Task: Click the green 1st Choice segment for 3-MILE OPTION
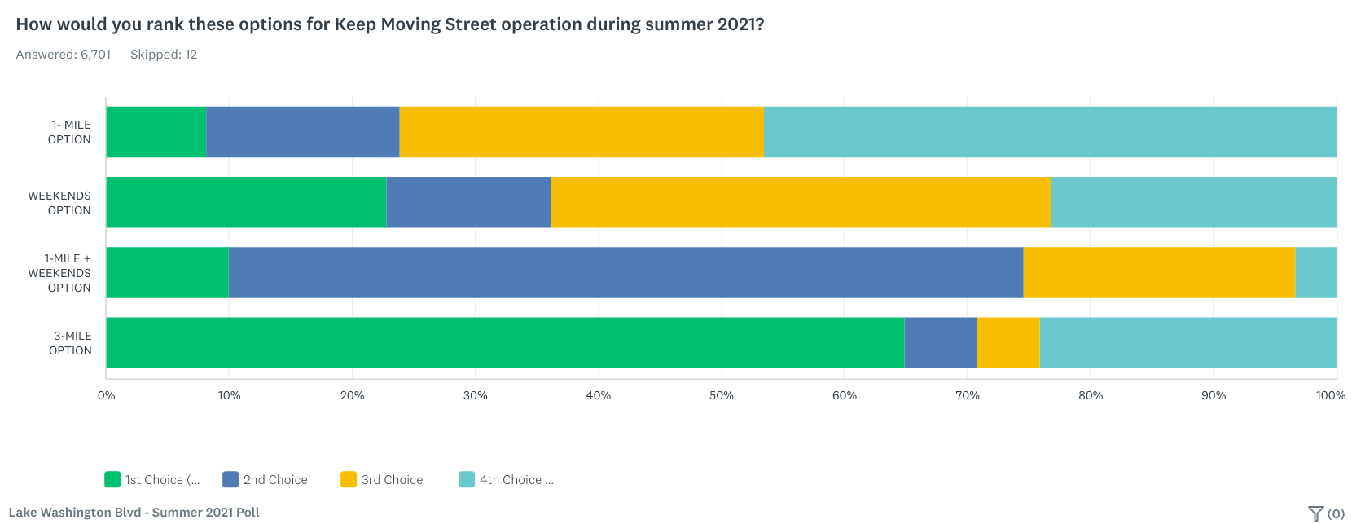pos(505,343)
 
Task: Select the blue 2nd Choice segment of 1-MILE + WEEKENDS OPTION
pos(626,273)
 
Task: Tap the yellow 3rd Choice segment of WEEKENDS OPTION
pos(801,202)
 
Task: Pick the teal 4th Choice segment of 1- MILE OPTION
pos(1050,132)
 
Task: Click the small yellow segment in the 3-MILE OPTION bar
pos(1007,343)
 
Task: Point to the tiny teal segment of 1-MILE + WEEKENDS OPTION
pos(1315,273)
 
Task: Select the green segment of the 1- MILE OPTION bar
pos(156,132)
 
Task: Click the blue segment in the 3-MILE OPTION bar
pos(940,343)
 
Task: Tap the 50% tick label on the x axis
pos(721,395)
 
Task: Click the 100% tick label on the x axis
pos(1331,395)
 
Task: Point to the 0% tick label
pos(107,395)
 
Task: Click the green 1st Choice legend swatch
pos(112,479)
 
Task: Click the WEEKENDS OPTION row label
pos(60,203)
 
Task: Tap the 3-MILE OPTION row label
pos(71,343)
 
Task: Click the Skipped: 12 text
pos(164,55)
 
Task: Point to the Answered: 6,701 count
pos(64,55)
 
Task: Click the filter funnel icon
pos(1315,513)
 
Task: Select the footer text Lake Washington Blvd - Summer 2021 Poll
pos(134,513)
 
